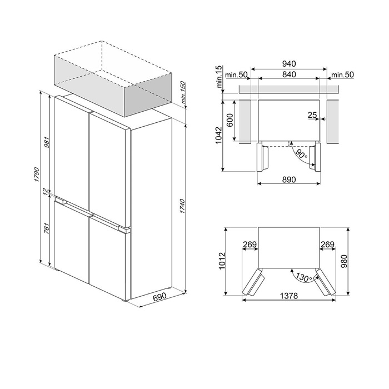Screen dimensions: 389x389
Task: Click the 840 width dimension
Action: (x=288, y=74)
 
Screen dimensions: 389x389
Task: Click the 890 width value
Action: (x=288, y=179)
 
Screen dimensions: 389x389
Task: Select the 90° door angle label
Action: (x=301, y=154)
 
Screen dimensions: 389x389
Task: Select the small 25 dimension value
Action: (x=312, y=116)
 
